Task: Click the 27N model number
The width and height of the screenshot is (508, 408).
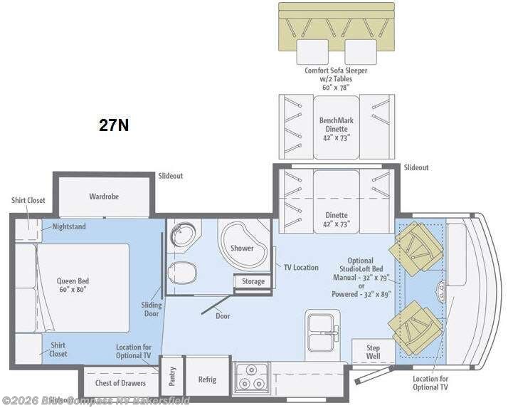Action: coord(113,125)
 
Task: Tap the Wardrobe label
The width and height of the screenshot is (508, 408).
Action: coord(103,196)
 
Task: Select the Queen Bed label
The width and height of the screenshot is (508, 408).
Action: coord(73,285)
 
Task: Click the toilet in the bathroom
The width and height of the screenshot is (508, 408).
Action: coord(183,271)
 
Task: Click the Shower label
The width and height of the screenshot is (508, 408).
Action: coord(242,248)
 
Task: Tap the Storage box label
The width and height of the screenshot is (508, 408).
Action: coord(253,281)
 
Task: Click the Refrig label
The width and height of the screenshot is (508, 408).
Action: coord(207,379)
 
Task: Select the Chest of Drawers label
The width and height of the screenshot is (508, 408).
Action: coord(117,382)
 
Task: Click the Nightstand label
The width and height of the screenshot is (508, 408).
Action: coord(68,227)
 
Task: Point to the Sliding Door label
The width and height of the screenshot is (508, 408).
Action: coord(151,310)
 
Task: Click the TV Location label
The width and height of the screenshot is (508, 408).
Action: coord(300,267)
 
